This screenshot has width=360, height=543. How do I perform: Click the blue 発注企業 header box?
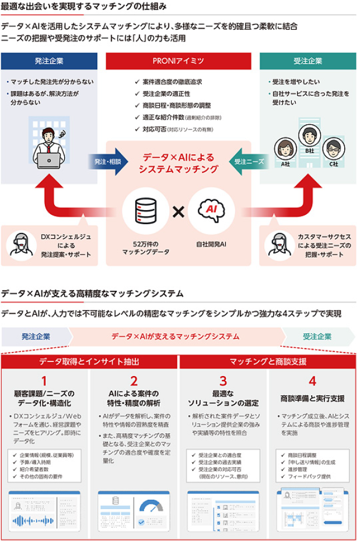(x=49, y=61)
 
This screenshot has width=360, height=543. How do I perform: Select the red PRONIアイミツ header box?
(x=178, y=61)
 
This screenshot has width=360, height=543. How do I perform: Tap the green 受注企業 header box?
(x=307, y=61)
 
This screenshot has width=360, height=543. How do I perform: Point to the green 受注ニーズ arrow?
(x=250, y=161)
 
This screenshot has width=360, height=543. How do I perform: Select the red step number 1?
(x=44, y=381)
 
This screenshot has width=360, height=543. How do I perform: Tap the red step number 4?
(x=312, y=381)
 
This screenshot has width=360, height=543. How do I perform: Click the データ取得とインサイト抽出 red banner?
(x=89, y=361)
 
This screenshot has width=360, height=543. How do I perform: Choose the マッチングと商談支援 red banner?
(x=268, y=361)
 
